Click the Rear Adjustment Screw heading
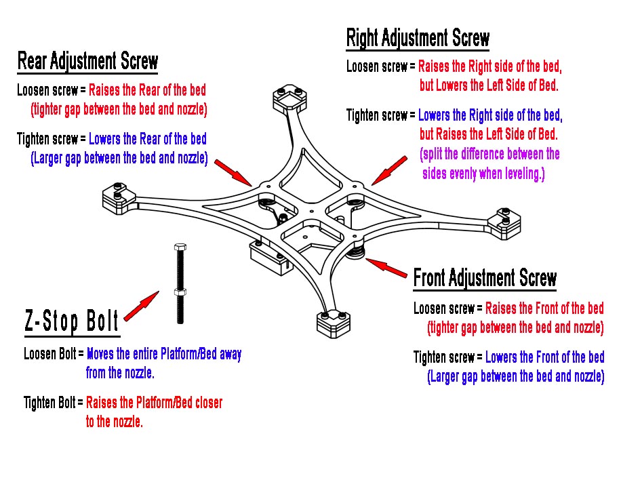tap(87, 61)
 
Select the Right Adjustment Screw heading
tap(418, 38)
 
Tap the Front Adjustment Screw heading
tap(485, 278)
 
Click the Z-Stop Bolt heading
tap(72, 321)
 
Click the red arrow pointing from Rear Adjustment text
tap(233, 170)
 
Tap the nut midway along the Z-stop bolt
tap(180, 292)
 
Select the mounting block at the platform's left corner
tap(119, 197)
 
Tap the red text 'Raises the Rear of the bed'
tap(147, 90)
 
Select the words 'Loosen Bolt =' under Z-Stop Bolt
tap(54, 354)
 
